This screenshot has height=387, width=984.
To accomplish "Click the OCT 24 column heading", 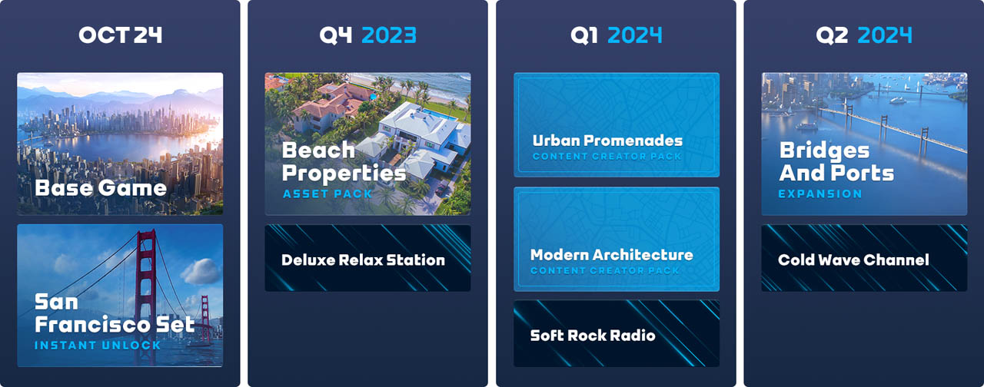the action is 121,35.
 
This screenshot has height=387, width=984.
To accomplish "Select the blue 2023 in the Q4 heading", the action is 389,35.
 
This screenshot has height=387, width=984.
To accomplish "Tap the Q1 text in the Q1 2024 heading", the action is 583,35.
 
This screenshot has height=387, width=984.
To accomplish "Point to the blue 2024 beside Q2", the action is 885,35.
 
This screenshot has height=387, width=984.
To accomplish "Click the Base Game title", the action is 101,188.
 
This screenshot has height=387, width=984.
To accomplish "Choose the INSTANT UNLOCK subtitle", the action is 98,346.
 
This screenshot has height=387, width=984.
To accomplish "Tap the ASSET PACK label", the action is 327,193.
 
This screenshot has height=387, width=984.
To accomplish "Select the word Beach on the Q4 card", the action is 318,150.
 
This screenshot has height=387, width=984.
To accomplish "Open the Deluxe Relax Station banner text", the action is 363,260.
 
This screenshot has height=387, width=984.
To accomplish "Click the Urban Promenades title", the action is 607,141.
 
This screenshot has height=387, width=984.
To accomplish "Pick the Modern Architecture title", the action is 611,255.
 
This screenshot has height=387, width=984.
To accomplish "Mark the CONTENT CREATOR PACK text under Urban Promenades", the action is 607,156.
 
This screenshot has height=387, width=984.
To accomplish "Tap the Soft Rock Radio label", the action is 593,336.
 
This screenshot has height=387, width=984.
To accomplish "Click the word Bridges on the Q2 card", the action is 824,151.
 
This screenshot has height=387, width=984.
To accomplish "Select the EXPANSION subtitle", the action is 819,193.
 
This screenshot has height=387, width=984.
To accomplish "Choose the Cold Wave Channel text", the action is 853,260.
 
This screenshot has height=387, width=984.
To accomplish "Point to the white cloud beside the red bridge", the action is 201,270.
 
